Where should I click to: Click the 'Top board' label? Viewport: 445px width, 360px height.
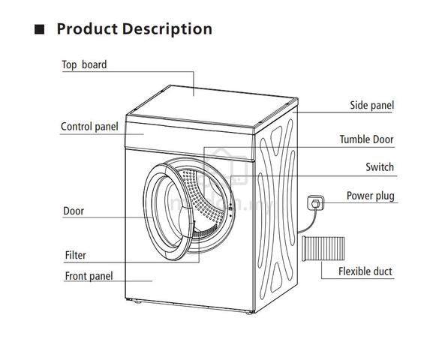pyautogui.click(x=84, y=65)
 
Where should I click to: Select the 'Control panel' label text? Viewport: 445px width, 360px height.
pyautogui.click(x=89, y=127)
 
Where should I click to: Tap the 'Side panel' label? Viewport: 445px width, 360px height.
pyautogui.click(x=371, y=105)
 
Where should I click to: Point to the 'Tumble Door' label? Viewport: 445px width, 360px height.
pyautogui.click(x=366, y=139)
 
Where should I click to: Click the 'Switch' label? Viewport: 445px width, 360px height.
pyautogui.click(x=380, y=166)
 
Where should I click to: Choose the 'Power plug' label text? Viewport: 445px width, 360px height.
pyautogui.click(x=371, y=196)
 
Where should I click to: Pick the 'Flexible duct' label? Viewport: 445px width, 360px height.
pyautogui.click(x=365, y=271)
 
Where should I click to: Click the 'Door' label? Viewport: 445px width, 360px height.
pyautogui.click(x=74, y=211)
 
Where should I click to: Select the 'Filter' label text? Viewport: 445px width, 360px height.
pyautogui.click(x=75, y=255)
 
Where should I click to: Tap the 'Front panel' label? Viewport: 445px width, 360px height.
pyautogui.click(x=89, y=276)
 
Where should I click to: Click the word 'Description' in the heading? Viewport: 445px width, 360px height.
pyautogui.click(x=167, y=29)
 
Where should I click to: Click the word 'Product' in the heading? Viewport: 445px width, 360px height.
pyautogui.click(x=87, y=29)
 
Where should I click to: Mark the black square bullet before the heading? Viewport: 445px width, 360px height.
pyautogui.click(x=40, y=29)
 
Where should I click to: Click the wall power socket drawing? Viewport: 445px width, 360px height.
pyautogui.click(x=316, y=202)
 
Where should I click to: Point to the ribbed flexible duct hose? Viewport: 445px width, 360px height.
pyautogui.click(x=323, y=248)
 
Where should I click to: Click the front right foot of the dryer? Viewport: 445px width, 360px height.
pyautogui.click(x=249, y=313)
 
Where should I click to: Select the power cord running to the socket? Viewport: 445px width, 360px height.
pyautogui.click(x=309, y=223)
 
